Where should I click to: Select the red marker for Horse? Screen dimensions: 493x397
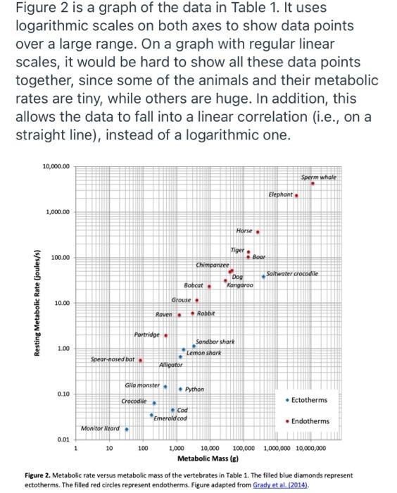point(258,231)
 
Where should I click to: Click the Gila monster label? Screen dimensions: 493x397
point(142,387)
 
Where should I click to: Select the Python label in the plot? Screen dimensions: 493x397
point(195,389)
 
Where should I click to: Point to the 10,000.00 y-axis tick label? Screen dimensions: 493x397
point(56,167)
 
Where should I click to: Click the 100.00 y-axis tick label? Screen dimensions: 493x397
point(59,258)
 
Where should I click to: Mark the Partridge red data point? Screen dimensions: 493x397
point(165,335)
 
